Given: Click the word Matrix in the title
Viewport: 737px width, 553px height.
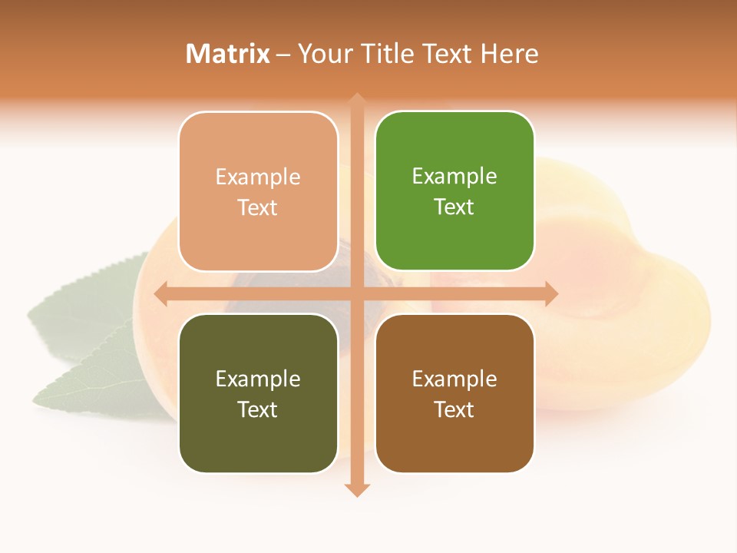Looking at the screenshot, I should point(228,54).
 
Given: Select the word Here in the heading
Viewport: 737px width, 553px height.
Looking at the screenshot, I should point(510,54).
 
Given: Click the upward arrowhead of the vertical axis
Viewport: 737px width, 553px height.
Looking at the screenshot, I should point(356,100).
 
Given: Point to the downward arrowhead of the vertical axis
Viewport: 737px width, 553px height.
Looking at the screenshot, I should point(356,489).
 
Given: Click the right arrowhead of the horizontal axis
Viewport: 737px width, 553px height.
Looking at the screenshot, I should point(550,293).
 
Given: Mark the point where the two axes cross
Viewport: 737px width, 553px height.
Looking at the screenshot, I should point(356,293).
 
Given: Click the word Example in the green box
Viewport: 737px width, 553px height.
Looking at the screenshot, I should point(454,176).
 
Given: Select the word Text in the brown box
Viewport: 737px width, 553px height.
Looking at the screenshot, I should point(454,409).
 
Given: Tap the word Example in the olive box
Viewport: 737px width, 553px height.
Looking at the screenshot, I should point(258,379).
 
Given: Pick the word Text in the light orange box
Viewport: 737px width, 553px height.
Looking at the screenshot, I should point(258,207).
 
